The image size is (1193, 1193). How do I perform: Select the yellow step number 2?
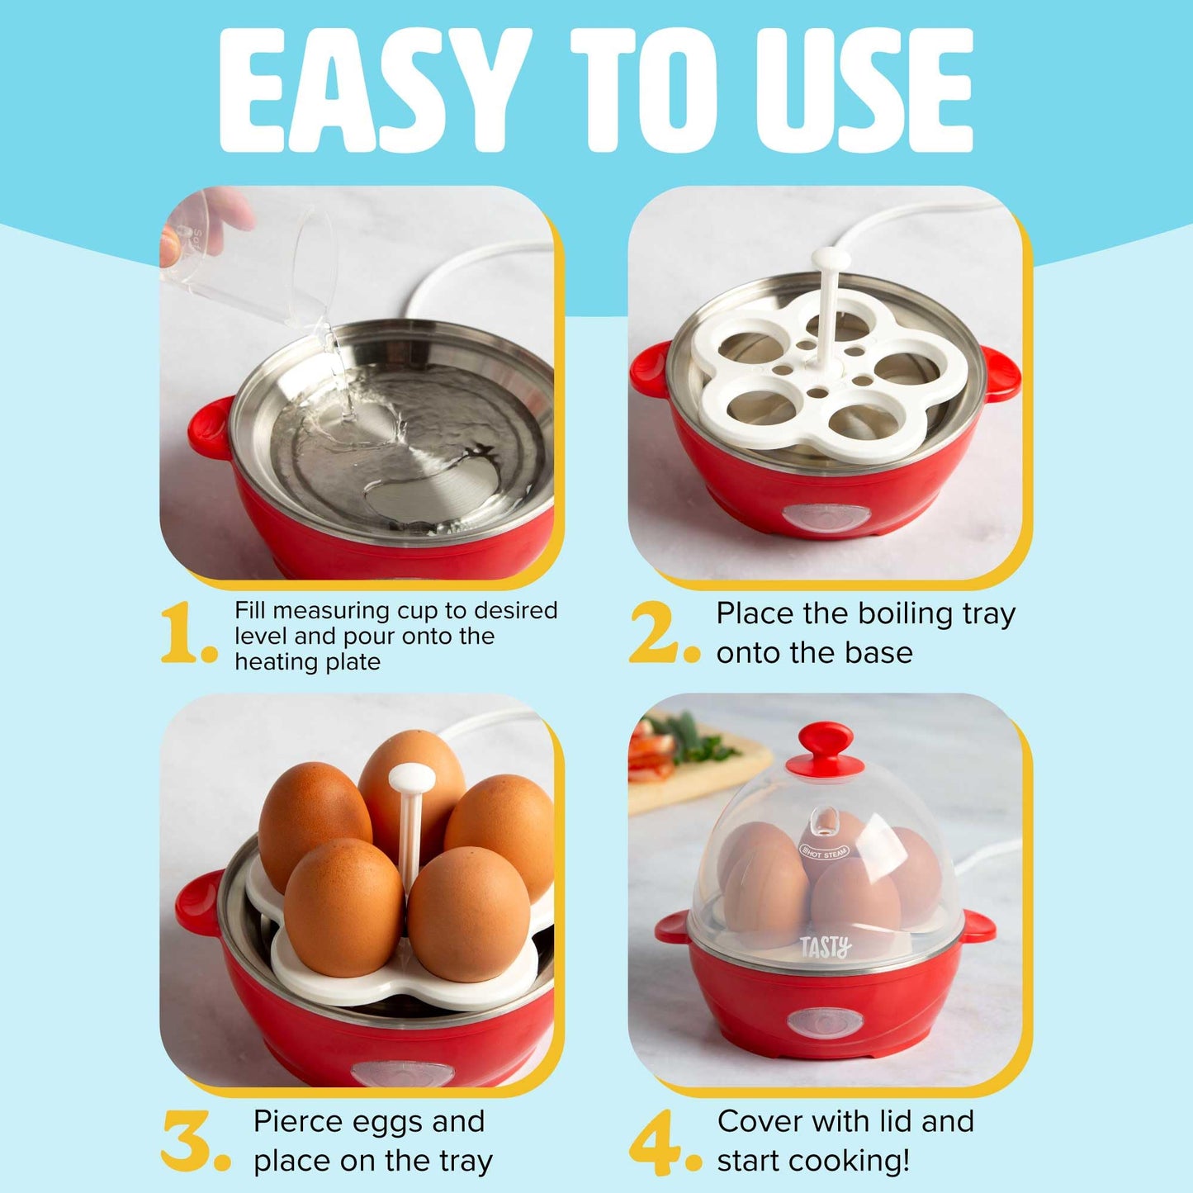coord(654,633)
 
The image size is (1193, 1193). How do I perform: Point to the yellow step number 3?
coord(188,1141)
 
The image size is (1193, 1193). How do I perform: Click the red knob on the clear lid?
coord(824,745)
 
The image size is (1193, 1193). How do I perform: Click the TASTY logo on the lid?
coord(825,947)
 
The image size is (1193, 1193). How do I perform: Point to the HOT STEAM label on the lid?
coord(824,851)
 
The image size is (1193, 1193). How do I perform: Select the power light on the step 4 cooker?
coord(825,1021)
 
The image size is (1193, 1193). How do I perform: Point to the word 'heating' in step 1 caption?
coord(270,662)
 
